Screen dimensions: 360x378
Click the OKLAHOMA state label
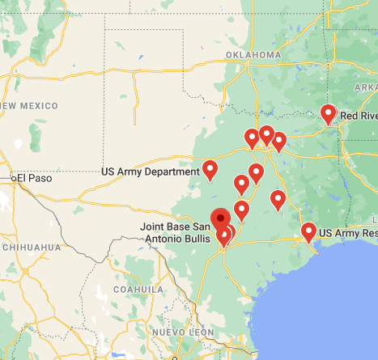tap(252, 55)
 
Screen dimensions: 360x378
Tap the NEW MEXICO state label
tap(29, 106)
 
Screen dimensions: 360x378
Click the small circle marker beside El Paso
tap(13, 177)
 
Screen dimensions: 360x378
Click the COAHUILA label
tap(138, 288)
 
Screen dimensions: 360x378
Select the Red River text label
tap(358, 116)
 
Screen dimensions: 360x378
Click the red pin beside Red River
tap(328, 113)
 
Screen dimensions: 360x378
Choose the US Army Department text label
tap(151, 172)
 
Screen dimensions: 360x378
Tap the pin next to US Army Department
tap(210, 169)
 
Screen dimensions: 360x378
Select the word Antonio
tap(166, 239)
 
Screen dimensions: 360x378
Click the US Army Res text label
tap(348, 234)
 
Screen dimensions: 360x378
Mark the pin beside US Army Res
tap(308, 231)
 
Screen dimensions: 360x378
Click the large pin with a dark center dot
tap(220, 218)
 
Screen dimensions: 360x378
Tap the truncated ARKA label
tap(366, 87)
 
